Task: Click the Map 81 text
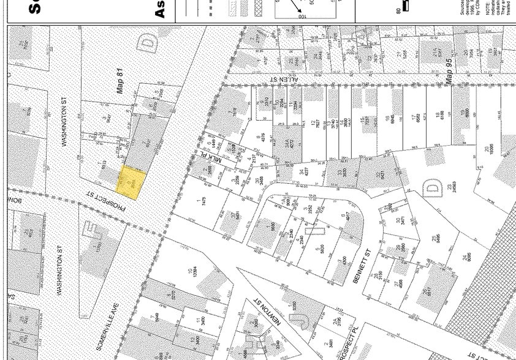click(x=120, y=80)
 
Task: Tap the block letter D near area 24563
click(x=433, y=187)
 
